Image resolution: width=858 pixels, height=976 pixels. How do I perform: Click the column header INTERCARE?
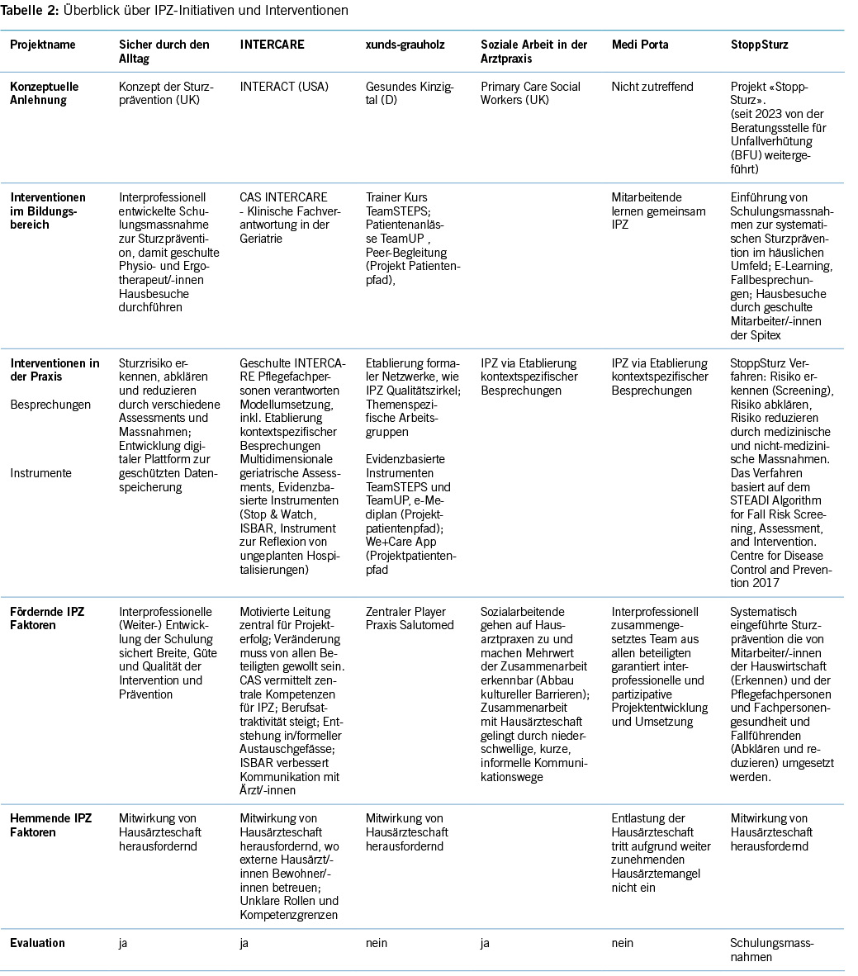(272, 45)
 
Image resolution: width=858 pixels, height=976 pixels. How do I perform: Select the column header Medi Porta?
(639, 45)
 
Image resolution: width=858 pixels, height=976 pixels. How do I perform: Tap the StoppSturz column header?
(761, 45)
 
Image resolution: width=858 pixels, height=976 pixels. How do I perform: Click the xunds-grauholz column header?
(405, 45)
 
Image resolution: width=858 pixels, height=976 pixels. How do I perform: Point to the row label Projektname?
(42, 45)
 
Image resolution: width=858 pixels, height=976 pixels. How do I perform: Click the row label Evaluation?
(37, 943)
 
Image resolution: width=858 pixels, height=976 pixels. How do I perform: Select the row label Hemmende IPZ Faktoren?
(50, 825)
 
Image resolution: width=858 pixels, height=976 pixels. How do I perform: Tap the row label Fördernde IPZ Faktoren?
(47, 618)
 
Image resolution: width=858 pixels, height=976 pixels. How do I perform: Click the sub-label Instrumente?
(40, 473)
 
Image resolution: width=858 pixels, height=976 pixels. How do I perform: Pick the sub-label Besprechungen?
(50, 405)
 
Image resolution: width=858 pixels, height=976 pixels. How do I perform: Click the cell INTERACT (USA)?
(280, 87)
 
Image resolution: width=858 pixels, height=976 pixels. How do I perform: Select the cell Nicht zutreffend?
(652, 87)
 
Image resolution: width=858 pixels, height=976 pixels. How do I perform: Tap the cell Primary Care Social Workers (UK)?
(530, 93)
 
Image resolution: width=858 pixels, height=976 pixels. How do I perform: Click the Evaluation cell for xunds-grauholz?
(377, 943)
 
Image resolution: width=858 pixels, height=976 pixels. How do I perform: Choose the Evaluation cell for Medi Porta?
(623, 943)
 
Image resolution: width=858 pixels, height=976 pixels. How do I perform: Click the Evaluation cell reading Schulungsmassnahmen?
(771, 950)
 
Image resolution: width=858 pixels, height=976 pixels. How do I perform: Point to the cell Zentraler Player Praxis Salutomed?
(410, 618)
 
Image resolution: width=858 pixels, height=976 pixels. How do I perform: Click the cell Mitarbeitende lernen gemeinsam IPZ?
(658, 211)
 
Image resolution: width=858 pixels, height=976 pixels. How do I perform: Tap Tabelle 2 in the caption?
(29, 11)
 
